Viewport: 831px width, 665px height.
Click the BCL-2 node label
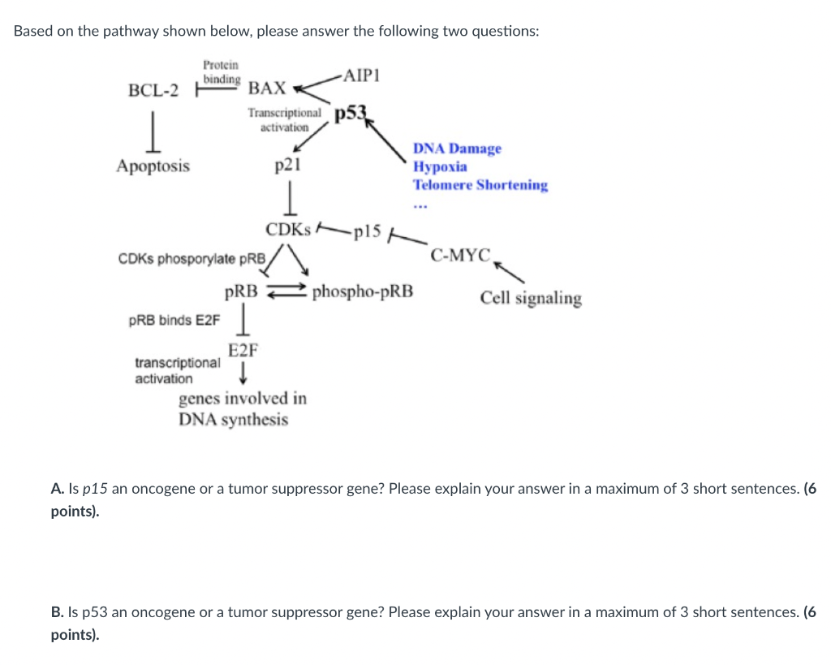point(153,89)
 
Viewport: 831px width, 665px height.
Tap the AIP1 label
point(361,76)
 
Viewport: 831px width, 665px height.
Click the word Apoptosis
point(153,166)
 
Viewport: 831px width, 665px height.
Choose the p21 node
point(288,166)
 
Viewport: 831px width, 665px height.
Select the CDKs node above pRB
point(288,230)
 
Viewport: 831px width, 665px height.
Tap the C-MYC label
point(461,255)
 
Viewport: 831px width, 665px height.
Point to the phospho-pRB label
point(363,291)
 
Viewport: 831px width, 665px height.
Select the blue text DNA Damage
point(457,149)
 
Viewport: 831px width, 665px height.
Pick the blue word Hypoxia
point(440,166)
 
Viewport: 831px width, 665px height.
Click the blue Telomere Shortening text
point(480,185)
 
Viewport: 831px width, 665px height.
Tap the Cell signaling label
point(531,298)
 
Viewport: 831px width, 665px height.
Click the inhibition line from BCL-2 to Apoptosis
point(153,132)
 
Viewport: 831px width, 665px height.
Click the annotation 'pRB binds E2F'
point(174,320)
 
